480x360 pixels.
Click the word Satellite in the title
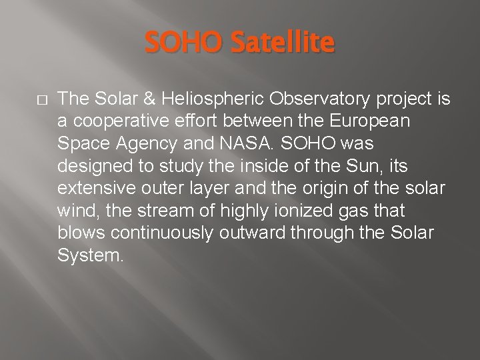point(283,43)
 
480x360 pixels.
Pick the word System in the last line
point(91,256)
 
